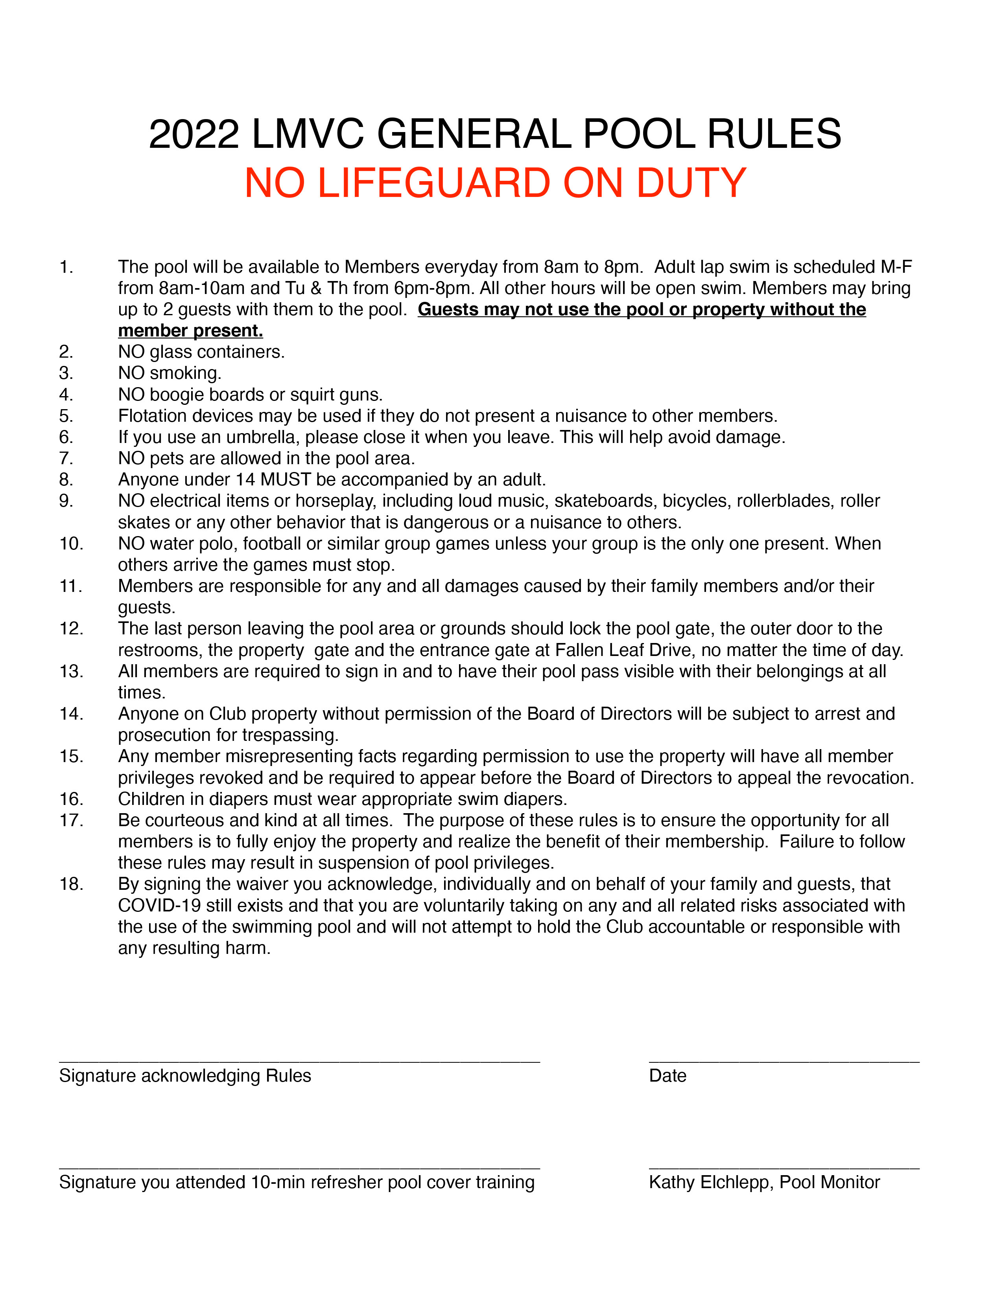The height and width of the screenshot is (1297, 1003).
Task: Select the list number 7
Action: tap(66, 458)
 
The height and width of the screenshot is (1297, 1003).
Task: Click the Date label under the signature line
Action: tap(667, 1075)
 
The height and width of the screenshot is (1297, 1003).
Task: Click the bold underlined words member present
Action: tap(190, 331)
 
